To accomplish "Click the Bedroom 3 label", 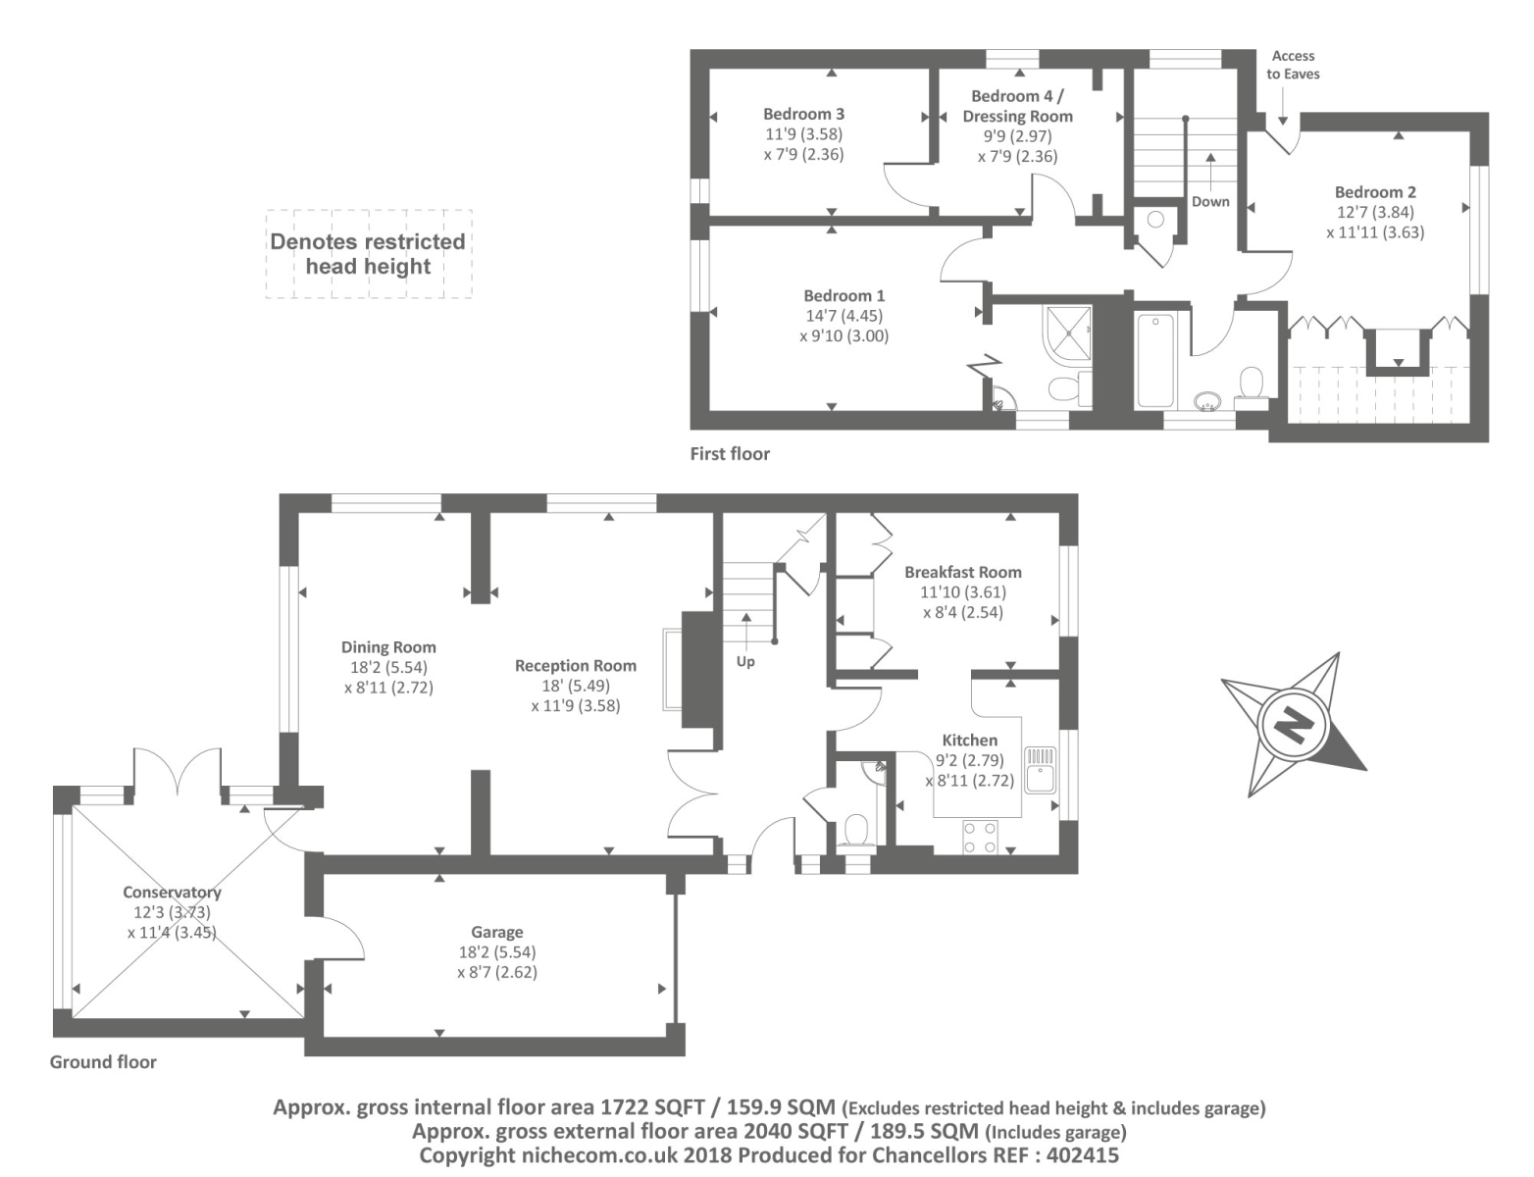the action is (803, 114).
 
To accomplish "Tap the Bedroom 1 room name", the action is (844, 295).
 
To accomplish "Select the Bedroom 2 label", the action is (1375, 192).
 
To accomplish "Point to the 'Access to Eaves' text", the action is (1293, 65).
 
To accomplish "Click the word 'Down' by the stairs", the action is (1210, 201).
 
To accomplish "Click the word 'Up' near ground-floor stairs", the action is (745, 661).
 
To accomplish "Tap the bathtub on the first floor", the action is (1154, 359).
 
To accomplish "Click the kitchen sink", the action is (1040, 769).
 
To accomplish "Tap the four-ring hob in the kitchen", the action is (979, 837).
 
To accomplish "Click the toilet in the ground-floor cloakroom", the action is (856, 831).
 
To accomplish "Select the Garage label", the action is (497, 932).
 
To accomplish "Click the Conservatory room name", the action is (172, 893).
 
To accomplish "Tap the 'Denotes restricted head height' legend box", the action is (368, 254).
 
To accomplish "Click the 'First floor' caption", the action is (730, 453).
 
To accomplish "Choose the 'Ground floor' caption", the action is (103, 1061).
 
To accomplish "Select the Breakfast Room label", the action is (962, 572).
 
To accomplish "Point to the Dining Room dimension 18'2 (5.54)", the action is (388, 667).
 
